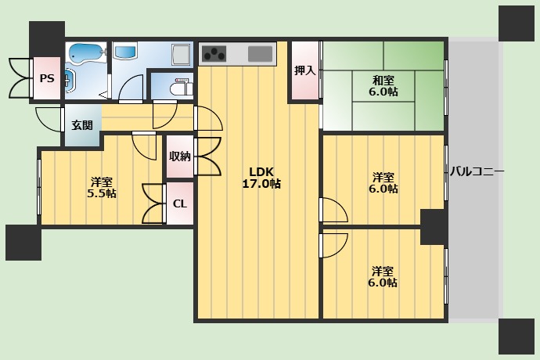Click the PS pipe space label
coord(47,78)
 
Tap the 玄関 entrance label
coord(82,125)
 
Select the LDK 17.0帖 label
coord(261,178)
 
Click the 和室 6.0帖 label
coord(383,86)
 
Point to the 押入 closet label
coord(304,70)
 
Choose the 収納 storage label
coord(180,157)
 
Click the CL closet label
coord(180,204)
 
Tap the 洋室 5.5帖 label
coord(102,187)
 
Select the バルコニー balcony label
coord(477,171)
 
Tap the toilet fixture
coord(182,88)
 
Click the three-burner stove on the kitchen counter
coord(214,54)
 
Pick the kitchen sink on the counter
coord(261,54)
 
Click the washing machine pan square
coord(181,55)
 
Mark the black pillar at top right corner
coord(517,23)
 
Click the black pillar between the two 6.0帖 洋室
coord(434,228)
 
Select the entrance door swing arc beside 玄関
coord(49,120)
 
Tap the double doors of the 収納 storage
coord(208,157)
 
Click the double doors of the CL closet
coord(153,203)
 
